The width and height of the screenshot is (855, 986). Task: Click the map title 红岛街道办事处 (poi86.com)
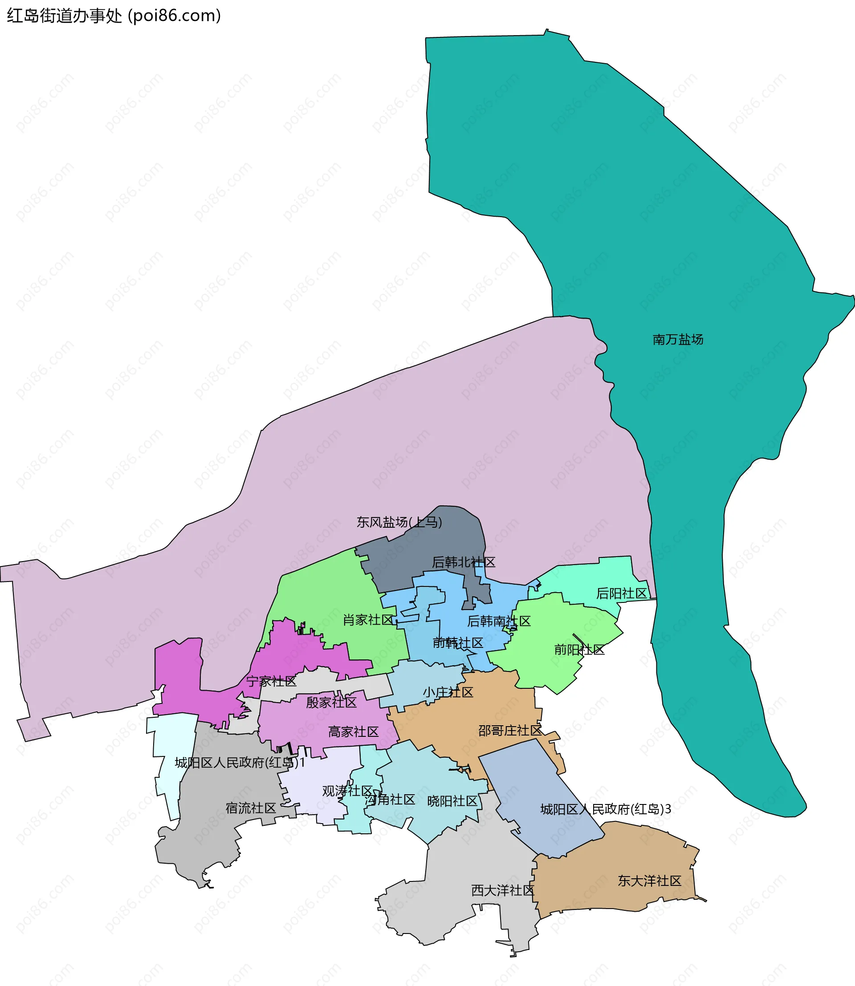[x=114, y=16]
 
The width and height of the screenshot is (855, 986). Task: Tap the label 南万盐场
[x=677, y=339]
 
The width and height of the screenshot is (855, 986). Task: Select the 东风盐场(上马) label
[x=399, y=522]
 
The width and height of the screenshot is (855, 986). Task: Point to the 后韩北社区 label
[x=463, y=562]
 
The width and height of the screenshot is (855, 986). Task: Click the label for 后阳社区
[x=621, y=593]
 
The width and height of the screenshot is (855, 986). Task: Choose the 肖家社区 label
[x=368, y=620]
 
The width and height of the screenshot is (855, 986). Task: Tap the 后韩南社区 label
[x=499, y=621]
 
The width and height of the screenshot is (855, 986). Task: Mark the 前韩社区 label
[x=458, y=643]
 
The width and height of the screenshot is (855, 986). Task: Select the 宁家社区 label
[x=271, y=681]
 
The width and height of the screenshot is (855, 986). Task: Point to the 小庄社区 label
[x=448, y=692]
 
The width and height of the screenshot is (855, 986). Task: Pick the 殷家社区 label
[x=331, y=702]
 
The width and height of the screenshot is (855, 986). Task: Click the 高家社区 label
[x=353, y=731]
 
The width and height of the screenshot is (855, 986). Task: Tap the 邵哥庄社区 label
[x=509, y=731]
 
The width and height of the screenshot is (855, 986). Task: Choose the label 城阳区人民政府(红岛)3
[x=606, y=809]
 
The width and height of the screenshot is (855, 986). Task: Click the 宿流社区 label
[x=250, y=808]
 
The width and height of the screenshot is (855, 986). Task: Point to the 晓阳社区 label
[x=452, y=801]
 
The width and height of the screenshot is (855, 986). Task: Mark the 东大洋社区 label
[x=649, y=881]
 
